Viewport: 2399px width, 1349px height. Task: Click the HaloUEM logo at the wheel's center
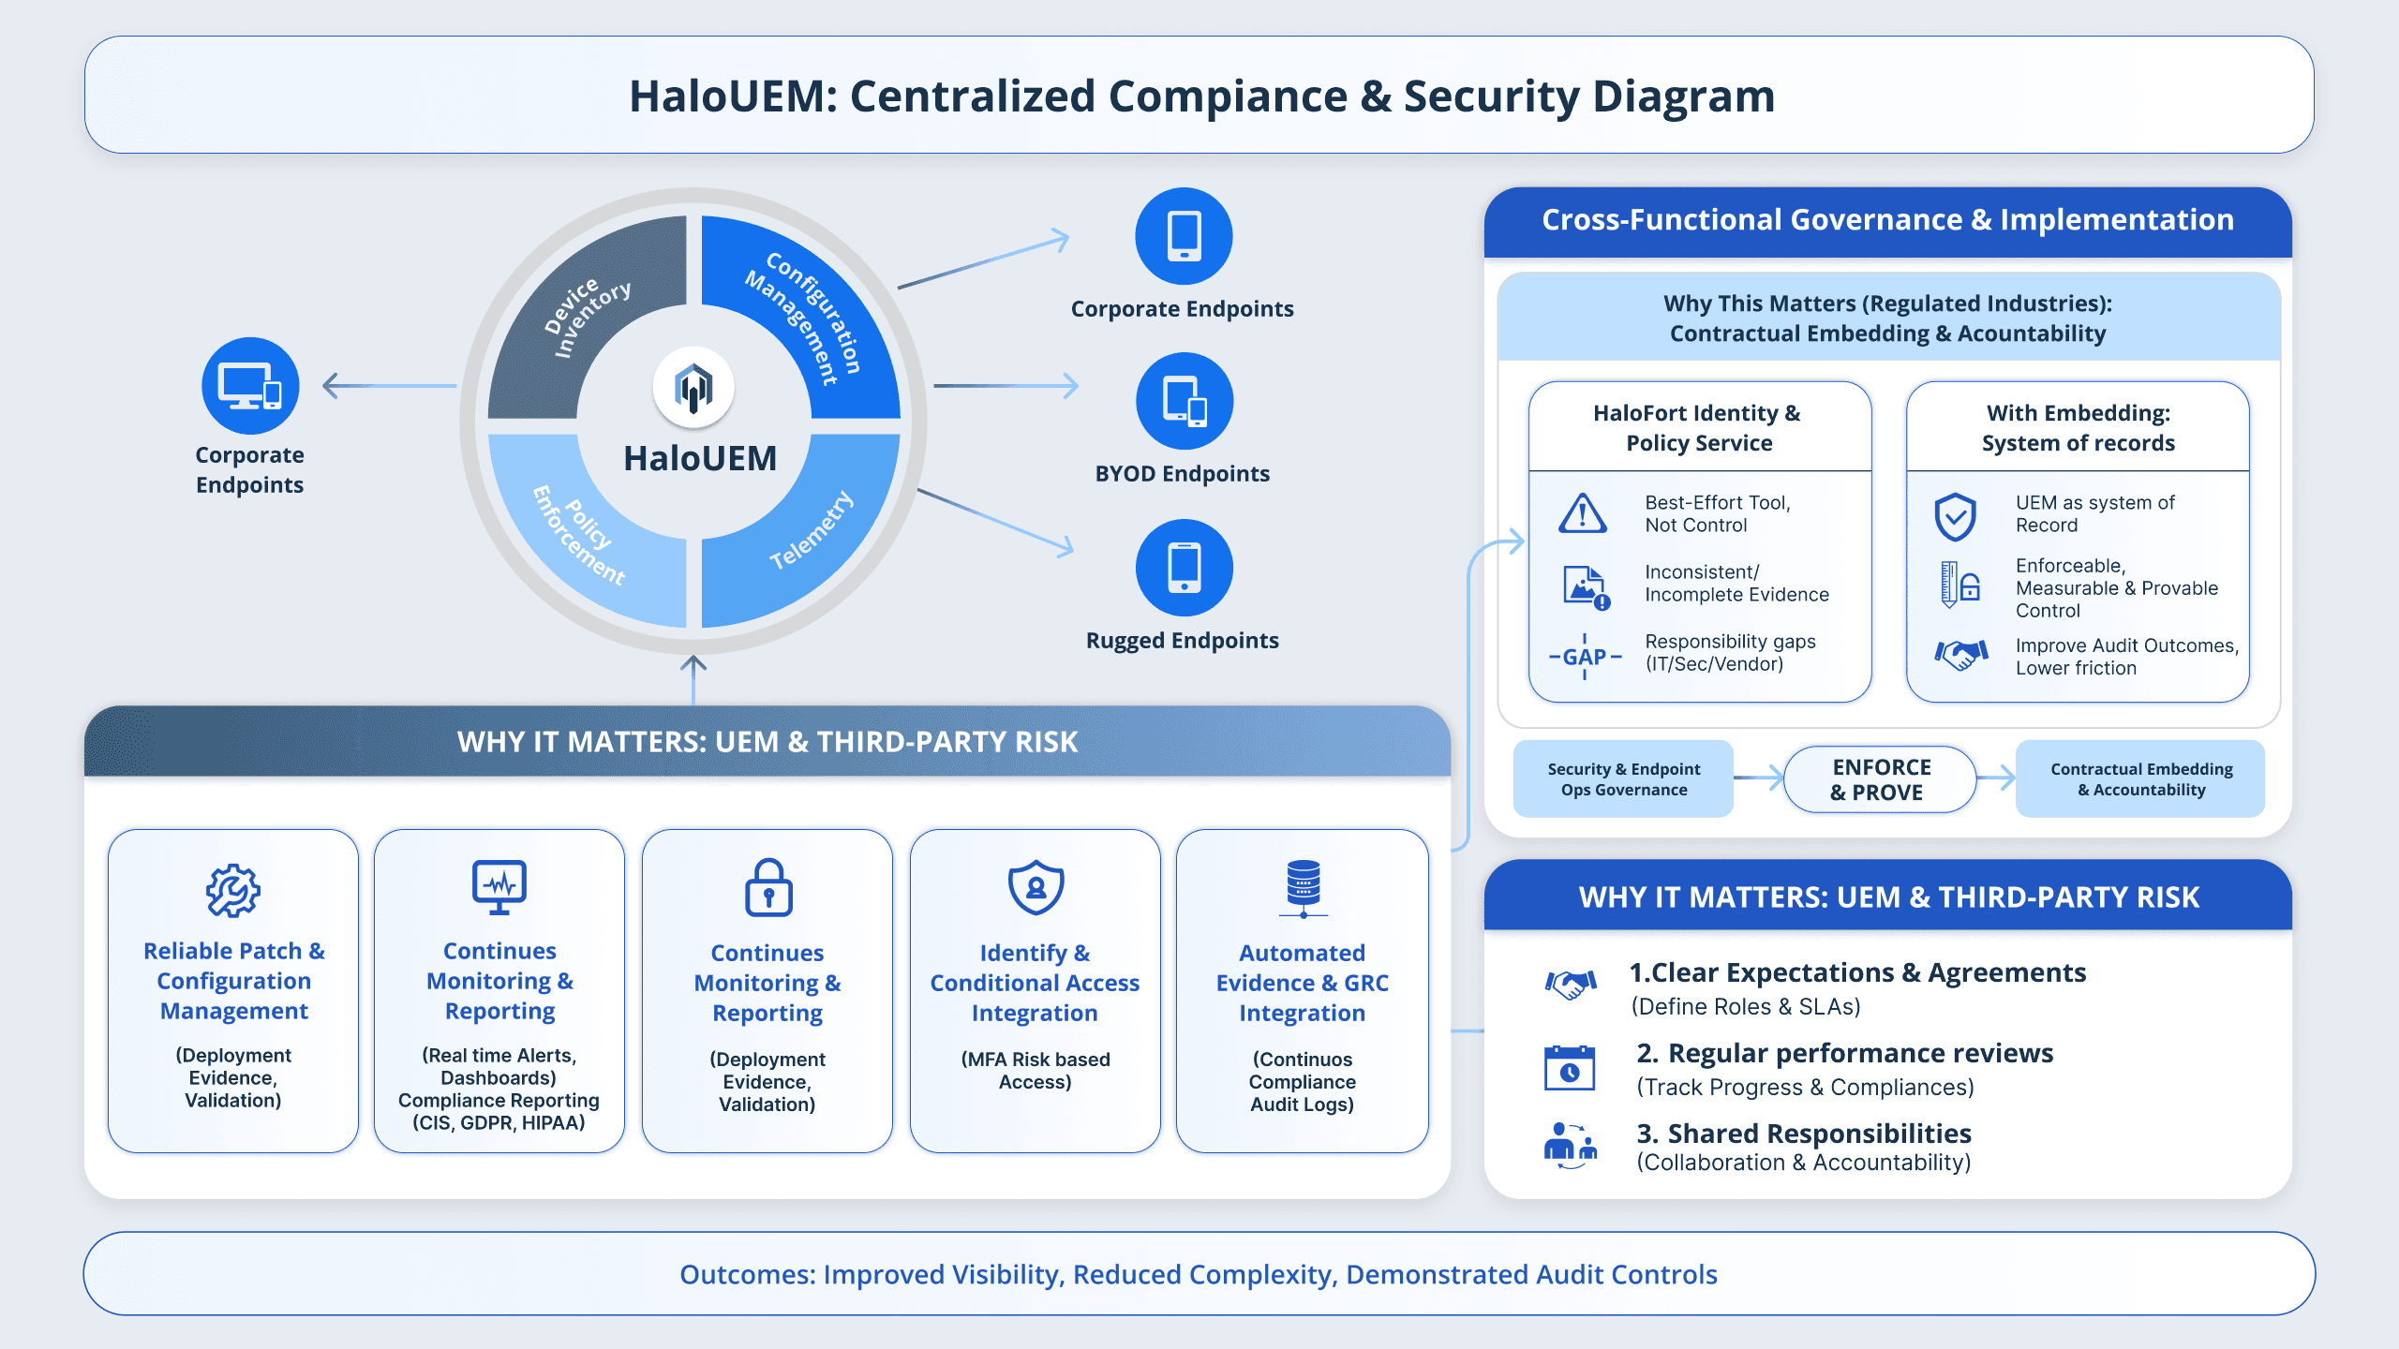693,387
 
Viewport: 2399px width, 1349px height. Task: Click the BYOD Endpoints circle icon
1184,401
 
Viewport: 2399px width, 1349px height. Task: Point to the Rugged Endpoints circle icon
1184,568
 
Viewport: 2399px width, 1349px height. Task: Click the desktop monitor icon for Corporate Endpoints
250,386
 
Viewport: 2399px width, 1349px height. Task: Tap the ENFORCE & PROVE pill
1880,779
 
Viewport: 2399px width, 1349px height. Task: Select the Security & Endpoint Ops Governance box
1623,779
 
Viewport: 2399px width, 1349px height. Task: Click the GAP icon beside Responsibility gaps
1585,656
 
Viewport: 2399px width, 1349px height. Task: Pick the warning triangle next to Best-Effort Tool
1583,513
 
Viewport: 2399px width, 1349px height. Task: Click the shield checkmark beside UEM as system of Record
1955,516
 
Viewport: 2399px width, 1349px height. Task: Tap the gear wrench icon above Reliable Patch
232,890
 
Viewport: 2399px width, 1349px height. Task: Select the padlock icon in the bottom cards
767,887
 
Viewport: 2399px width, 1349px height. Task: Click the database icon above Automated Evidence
1303,888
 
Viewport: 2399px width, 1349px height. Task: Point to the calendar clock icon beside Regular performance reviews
1569,1068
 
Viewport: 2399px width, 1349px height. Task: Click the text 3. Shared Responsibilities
1803,1134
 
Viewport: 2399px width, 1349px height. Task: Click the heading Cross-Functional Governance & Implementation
1887,220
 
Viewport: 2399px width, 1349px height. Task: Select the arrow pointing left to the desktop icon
384,386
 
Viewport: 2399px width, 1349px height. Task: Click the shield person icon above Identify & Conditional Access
1036,887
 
